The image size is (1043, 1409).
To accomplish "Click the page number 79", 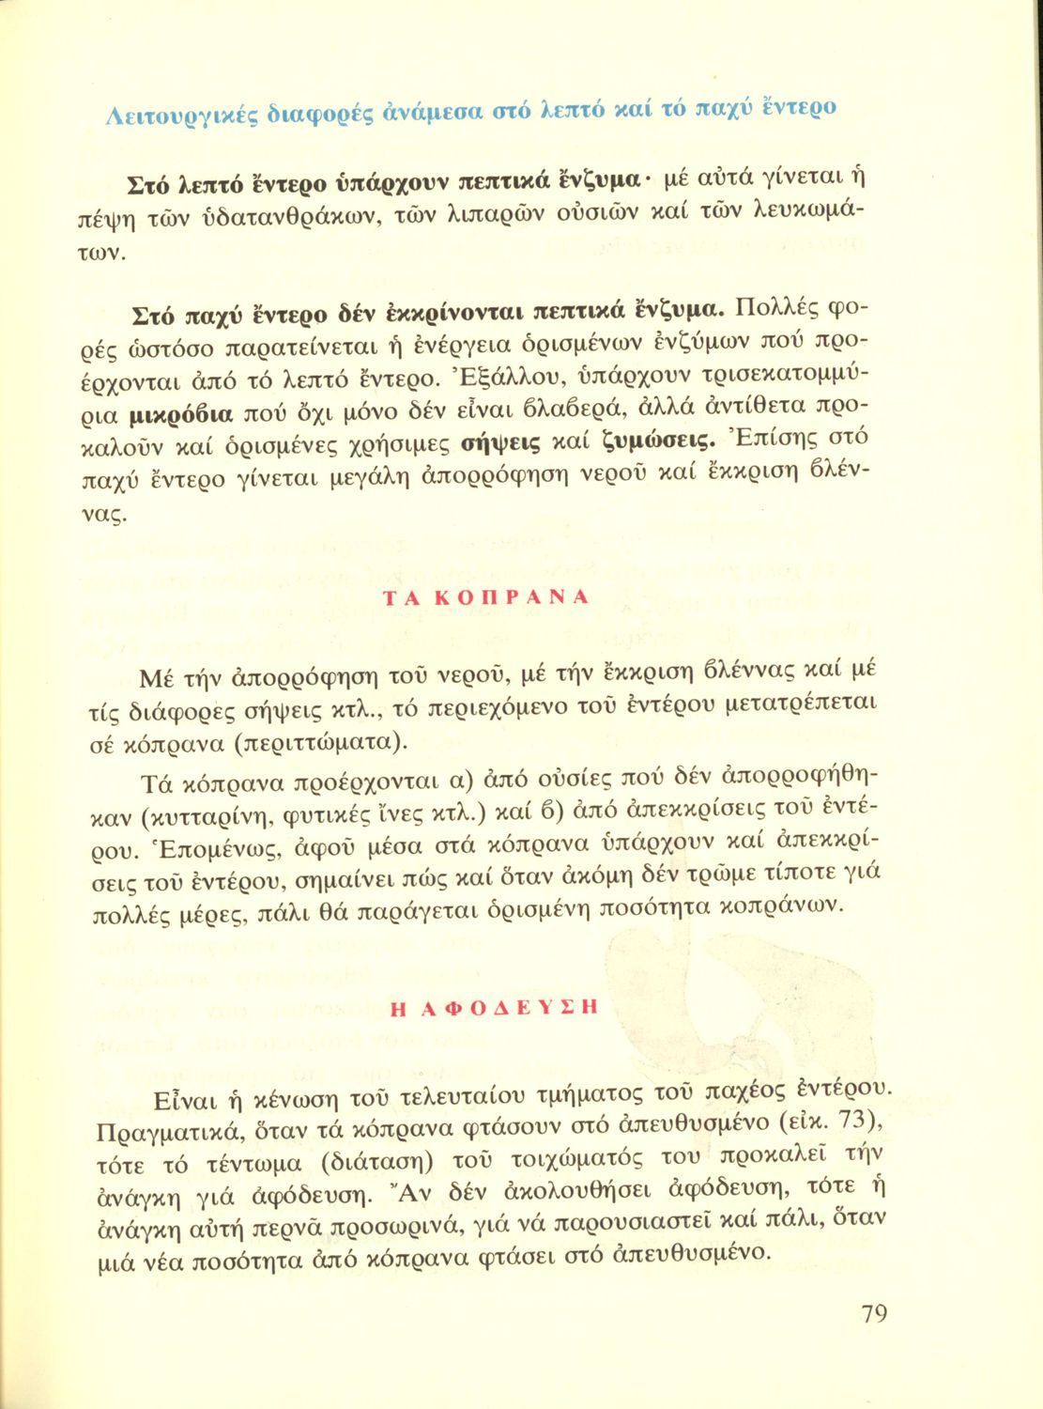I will pyautogui.click(x=873, y=1314).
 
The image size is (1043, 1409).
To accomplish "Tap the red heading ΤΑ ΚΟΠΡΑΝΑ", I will pyautogui.click(x=486, y=597).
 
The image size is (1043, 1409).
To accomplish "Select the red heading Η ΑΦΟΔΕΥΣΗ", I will pyautogui.click(x=493, y=1007).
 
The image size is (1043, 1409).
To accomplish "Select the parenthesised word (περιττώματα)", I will pyautogui.click(x=329, y=743).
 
